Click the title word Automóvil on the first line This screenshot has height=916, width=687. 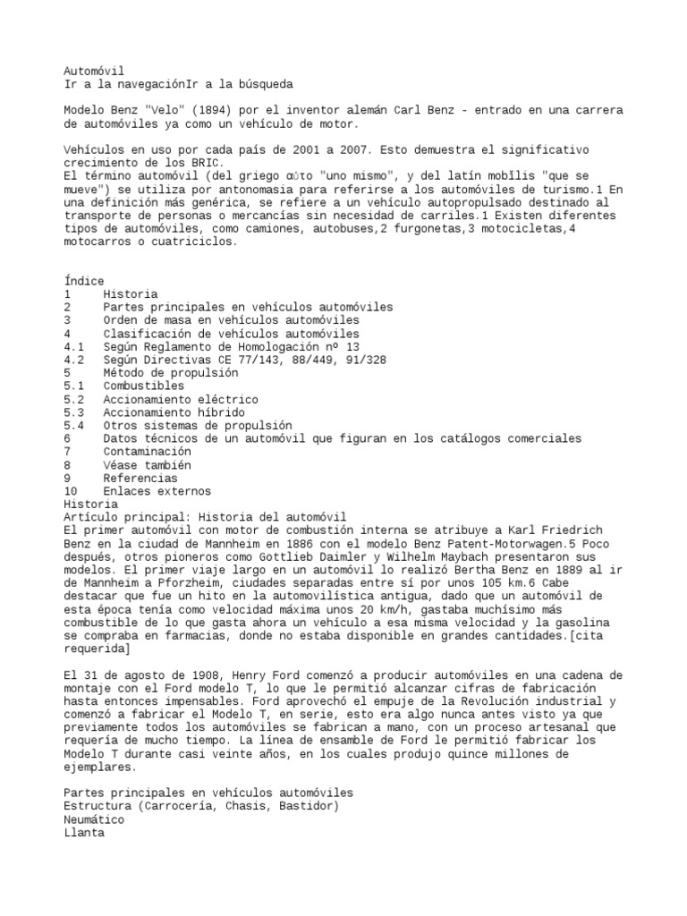94,70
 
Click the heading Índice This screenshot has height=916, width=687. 84,281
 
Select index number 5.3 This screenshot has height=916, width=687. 74,412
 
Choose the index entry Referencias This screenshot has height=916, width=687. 140,478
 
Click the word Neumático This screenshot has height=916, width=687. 94,818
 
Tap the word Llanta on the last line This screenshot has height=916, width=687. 84,832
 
